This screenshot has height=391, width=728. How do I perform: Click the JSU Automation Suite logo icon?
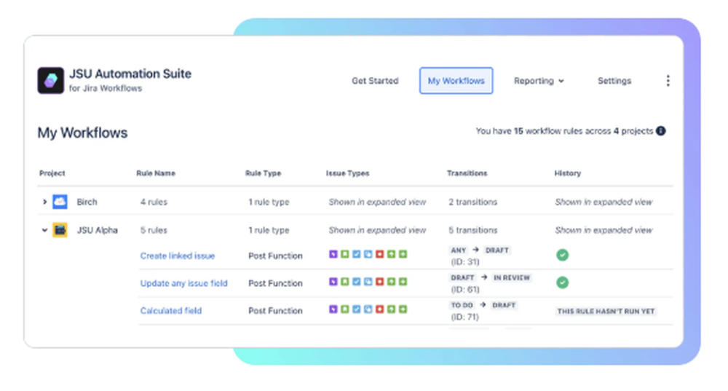pos(51,80)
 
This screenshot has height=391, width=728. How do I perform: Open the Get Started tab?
pos(375,81)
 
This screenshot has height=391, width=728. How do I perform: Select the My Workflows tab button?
pos(456,81)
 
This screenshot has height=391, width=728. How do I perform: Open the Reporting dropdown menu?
pos(539,81)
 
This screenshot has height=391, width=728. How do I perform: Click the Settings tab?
pos(614,81)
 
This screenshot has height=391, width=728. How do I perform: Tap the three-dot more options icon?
pos(668,81)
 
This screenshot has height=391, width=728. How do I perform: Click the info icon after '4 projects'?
pos(660,131)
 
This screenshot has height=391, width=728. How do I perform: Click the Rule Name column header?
pos(156,173)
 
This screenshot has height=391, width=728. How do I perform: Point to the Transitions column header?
pos(467,173)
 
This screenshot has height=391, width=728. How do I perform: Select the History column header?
pos(568,173)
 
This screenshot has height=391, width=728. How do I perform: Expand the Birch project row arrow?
pos(45,202)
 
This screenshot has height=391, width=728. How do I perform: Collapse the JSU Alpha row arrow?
pos(45,230)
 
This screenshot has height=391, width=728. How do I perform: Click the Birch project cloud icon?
pos(60,202)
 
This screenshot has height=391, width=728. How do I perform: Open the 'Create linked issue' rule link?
pos(178,256)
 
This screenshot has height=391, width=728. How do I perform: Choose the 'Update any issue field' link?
pos(184,283)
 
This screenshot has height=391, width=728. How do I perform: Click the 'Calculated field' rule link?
pos(171,311)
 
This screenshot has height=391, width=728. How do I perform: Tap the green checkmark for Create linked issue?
pos(563,255)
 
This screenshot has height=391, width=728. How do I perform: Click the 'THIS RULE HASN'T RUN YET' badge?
pos(606,311)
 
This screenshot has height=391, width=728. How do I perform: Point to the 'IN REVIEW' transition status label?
pos(513,277)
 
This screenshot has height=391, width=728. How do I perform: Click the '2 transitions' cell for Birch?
pos(472,202)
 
